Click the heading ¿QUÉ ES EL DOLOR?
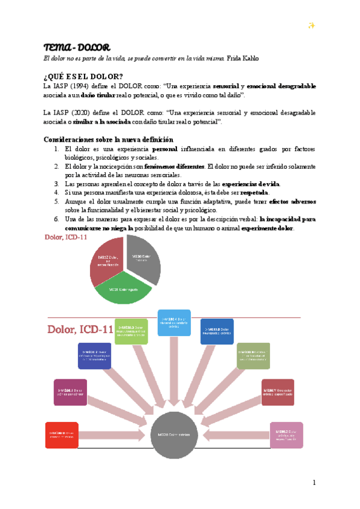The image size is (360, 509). tap(83, 76)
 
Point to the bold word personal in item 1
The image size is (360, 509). tap(169, 148)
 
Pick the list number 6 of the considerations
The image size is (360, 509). tap(56, 219)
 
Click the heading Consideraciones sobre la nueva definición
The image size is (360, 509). tap(104, 139)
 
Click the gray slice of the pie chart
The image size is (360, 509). tap(145, 260)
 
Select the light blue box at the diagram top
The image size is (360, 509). tap(174, 323)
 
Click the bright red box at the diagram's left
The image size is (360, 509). tap(61, 435)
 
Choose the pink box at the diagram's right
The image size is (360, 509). tap(286, 435)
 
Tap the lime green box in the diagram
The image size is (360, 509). tap(131, 331)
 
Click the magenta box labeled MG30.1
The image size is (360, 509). tap(70, 393)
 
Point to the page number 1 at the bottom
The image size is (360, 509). tap(313, 483)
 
